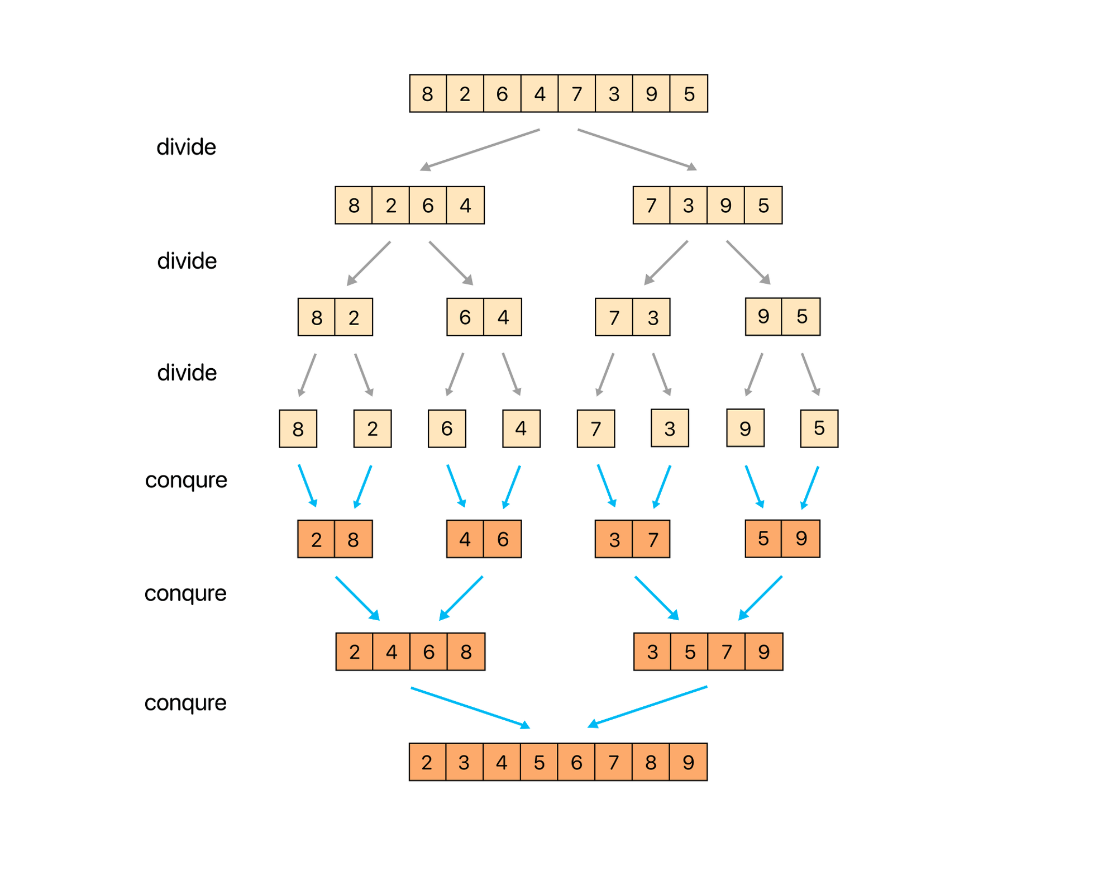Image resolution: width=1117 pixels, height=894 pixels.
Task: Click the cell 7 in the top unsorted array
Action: (x=576, y=94)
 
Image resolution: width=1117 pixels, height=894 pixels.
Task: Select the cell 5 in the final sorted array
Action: (x=539, y=762)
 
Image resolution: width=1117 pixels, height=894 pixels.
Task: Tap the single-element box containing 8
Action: (x=298, y=429)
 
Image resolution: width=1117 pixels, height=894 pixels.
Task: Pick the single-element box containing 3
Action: (x=670, y=428)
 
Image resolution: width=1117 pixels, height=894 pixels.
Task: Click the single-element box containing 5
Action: (x=819, y=428)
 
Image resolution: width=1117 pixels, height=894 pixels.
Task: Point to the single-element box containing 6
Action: (x=447, y=429)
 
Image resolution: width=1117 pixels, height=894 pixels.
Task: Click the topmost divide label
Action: (x=186, y=147)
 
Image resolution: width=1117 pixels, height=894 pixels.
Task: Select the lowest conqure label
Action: (x=185, y=702)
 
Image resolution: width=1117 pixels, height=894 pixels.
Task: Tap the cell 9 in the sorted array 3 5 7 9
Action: (x=763, y=652)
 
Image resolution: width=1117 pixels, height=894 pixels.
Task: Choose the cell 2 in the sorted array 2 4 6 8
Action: (x=354, y=652)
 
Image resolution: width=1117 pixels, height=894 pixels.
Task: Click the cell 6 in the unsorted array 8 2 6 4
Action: (x=428, y=206)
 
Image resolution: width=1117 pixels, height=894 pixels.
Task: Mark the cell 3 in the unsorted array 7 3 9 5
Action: (x=688, y=206)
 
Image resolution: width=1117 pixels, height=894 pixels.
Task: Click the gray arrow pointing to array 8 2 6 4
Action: (x=480, y=149)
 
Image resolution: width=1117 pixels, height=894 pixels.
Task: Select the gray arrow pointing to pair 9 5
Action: (x=748, y=263)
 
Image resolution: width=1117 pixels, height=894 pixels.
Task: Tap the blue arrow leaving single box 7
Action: (x=607, y=486)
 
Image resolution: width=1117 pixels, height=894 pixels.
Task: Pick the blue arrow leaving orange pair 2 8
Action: (x=357, y=598)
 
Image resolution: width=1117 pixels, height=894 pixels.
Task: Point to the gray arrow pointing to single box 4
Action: (x=512, y=374)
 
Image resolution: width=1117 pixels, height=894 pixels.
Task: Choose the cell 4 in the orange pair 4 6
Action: (x=465, y=539)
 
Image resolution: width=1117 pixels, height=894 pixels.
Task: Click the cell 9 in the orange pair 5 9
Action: (x=801, y=539)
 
